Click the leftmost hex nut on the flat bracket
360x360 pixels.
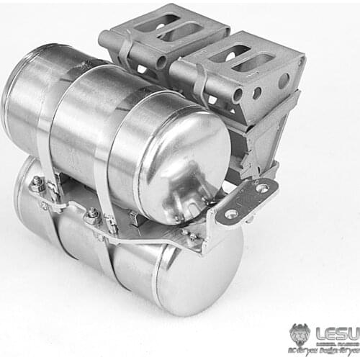tap(37, 186)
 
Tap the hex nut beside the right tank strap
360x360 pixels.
tap(92, 214)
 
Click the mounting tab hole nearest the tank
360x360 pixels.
tap(231, 214)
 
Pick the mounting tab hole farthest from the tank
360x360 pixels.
tap(263, 188)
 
